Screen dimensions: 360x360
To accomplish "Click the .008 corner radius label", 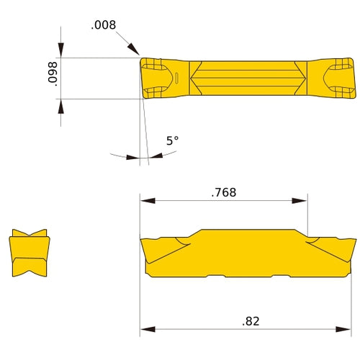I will tap(102, 25).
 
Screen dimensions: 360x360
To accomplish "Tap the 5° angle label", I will tap(171, 141).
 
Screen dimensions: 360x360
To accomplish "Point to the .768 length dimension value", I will tap(223, 192).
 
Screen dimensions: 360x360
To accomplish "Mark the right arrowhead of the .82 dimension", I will tap(351, 330).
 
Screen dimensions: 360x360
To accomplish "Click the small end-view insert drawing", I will tap(30, 253).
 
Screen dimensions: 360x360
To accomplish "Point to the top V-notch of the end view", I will tap(30, 236).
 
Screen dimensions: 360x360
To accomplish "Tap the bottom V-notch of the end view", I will tap(30, 271).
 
